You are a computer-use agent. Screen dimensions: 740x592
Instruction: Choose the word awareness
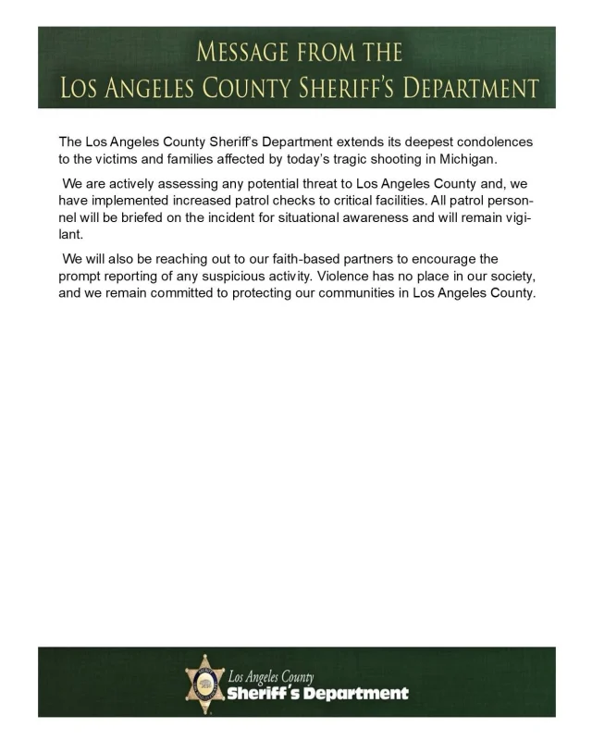pos(384,216)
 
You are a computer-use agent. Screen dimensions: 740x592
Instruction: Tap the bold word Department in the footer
pos(357,694)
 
